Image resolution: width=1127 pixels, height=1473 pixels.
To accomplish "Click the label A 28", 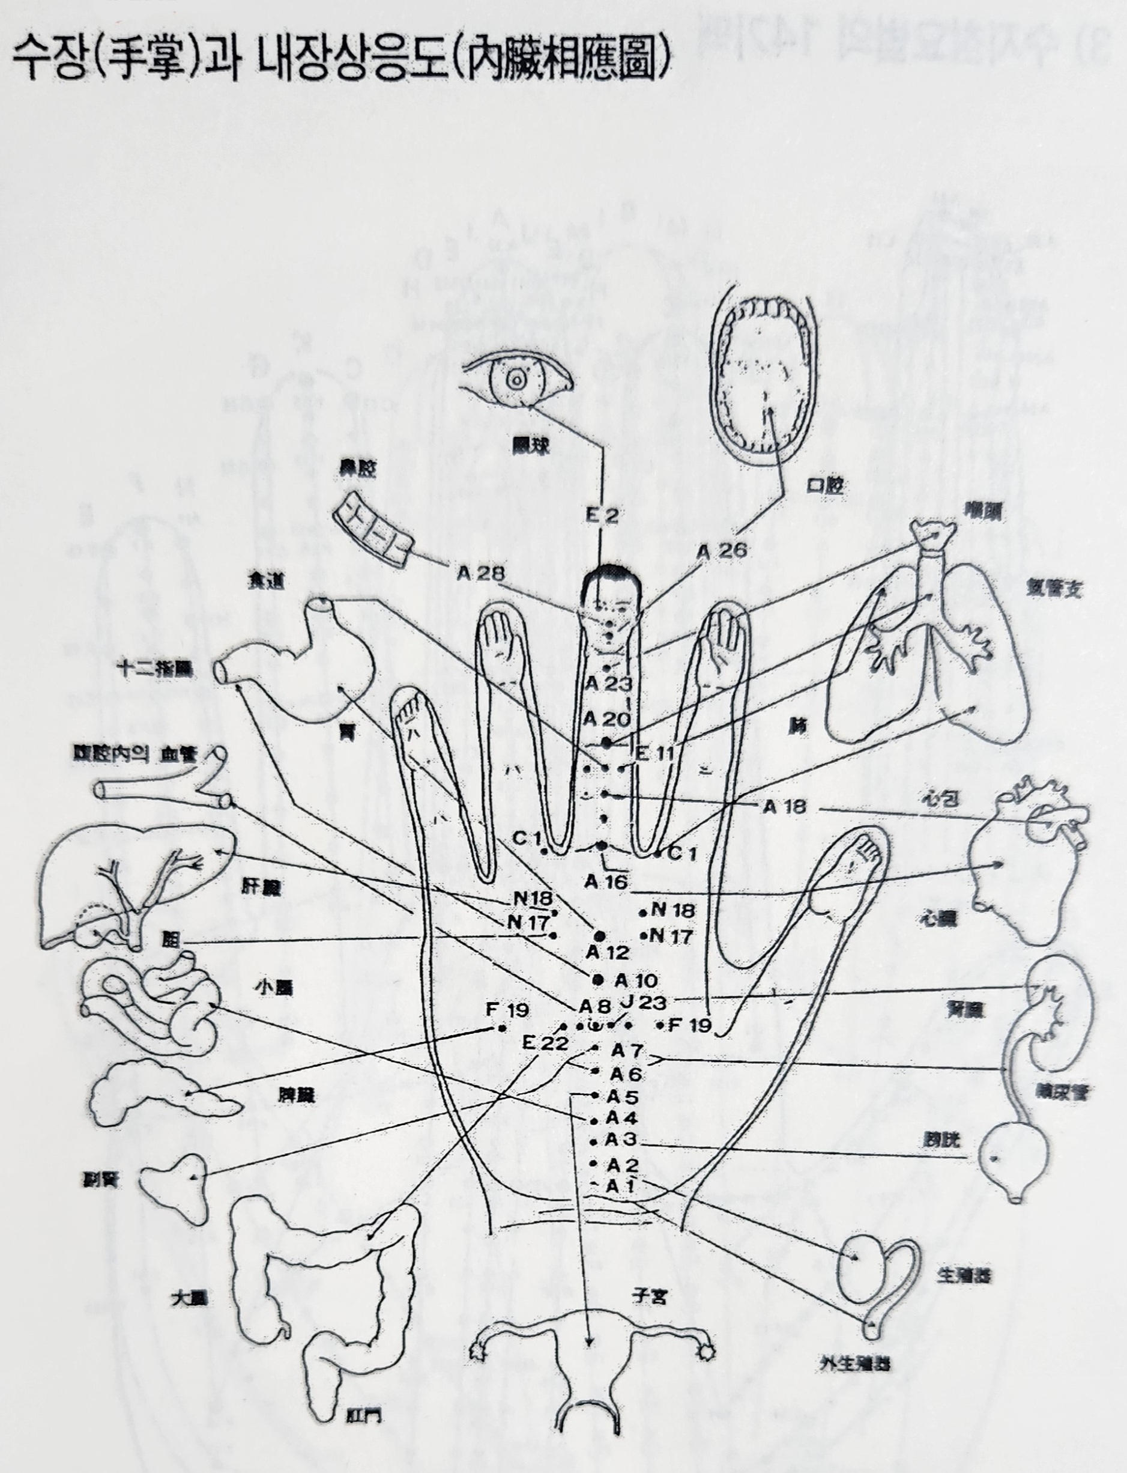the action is (x=480, y=572).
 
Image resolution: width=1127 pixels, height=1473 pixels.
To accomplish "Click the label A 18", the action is (x=784, y=806).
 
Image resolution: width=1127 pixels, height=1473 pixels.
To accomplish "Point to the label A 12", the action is (x=607, y=952).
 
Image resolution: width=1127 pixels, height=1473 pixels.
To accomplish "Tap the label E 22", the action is (x=545, y=1043).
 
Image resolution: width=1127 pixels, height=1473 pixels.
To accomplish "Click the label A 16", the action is (x=605, y=882).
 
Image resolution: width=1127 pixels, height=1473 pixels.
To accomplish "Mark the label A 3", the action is (x=620, y=1140).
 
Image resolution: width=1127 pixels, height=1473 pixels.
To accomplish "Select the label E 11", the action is (x=654, y=752).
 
